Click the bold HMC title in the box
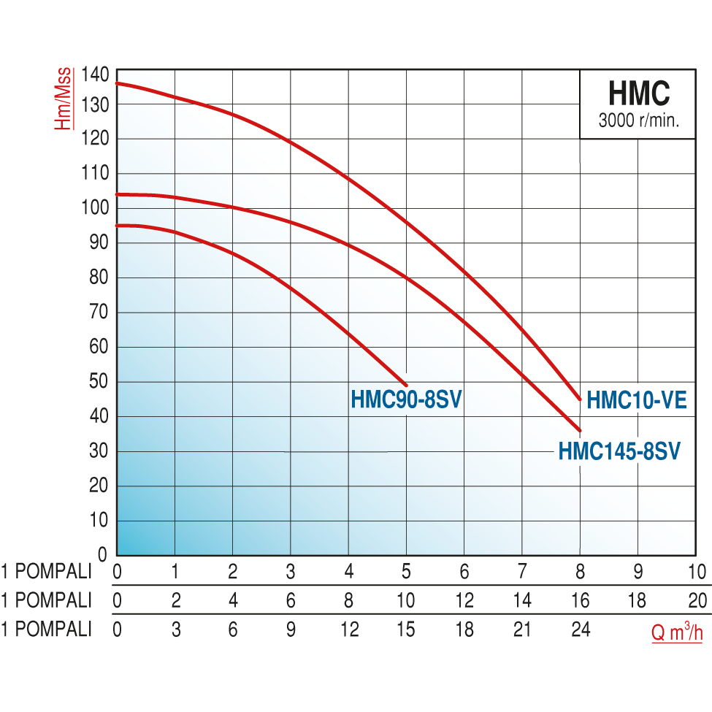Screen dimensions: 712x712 [x=638, y=94]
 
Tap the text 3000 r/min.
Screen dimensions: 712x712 [x=638, y=121]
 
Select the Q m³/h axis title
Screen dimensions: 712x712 [x=677, y=632]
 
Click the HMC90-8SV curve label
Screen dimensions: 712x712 [x=407, y=400]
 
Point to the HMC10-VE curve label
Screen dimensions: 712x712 [x=637, y=399]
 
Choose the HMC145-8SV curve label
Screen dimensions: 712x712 [x=619, y=451]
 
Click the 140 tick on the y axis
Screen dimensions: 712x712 [x=95, y=74]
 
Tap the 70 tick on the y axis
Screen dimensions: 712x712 [x=99, y=312]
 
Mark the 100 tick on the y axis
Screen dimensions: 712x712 [x=95, y=207]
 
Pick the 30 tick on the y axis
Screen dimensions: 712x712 [x=99, y=451]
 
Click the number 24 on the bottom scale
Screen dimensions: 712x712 [x=581, y=629]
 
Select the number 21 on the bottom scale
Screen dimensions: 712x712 [x=522, y=629]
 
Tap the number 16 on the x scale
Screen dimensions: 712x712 [x=581, y=600]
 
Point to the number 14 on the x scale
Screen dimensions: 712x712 [x=522, y=600]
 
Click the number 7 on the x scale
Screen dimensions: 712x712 [x=522, y=571]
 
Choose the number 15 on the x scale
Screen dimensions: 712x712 [x=406, y=629]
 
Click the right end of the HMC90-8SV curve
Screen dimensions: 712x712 [x=405, y=384]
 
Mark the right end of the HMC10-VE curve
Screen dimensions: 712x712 [x=580, y=399]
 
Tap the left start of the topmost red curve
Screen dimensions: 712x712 [x=118, y=83]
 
